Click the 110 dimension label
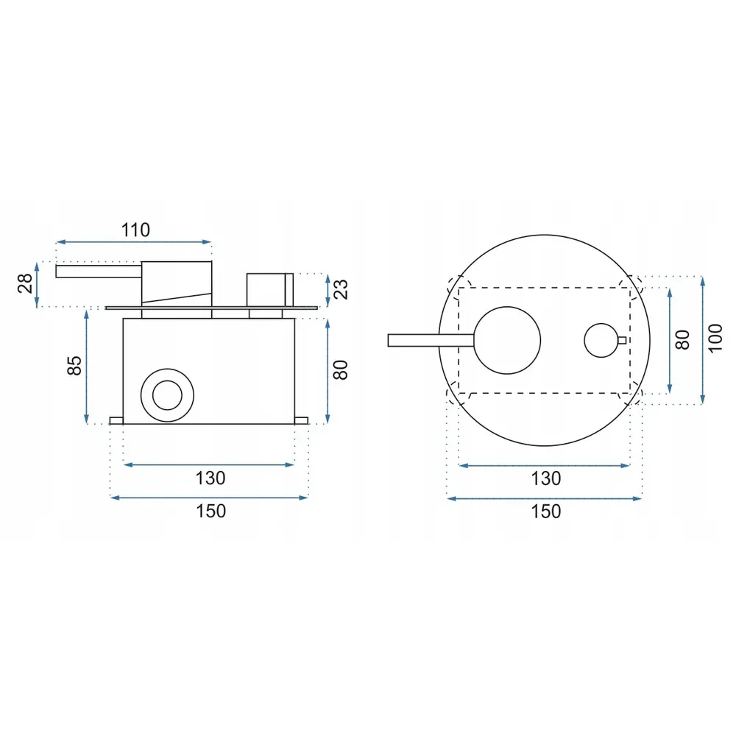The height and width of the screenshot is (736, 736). click(135, 230)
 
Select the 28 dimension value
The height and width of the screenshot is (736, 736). click(24, 283)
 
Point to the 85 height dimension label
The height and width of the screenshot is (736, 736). click(74, 366)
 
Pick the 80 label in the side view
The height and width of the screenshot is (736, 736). click(339, 369)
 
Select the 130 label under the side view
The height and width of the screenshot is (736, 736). click(210, 478)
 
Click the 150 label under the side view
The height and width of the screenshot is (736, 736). click(210, 511)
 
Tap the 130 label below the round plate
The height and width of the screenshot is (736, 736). click(545, 478)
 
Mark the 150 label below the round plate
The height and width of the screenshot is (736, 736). click(545, 511)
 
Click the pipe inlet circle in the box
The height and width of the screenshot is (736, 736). click(167, 395)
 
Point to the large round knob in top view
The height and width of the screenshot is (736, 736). click(507, 339)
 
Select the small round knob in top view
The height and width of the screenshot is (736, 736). click(602, 340)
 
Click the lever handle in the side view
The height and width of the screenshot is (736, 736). click(98, 271)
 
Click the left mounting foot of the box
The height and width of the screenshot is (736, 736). click(116, 420)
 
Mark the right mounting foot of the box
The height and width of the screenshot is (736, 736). click(301, 420)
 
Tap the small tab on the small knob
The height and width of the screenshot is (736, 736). click(623, 340)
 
